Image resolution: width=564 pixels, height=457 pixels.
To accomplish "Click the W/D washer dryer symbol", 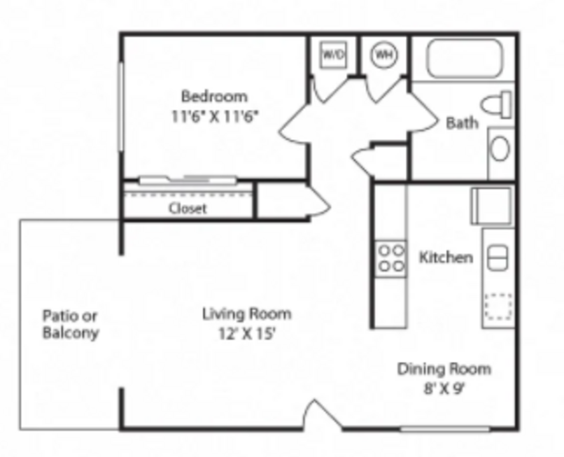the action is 334,55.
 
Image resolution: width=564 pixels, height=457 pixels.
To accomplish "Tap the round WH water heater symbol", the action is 384,55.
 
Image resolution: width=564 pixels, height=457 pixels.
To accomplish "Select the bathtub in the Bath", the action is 464,58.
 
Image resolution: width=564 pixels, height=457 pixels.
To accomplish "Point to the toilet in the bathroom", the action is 496,104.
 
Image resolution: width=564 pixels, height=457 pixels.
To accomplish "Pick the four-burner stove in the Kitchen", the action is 391,259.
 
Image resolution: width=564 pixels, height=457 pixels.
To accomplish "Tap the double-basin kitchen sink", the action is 498,258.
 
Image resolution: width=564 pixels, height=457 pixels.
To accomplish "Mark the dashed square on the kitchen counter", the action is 498,307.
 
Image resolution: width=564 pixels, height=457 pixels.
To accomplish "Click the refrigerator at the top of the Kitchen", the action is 492,206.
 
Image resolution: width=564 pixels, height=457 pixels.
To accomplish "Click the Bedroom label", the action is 214,97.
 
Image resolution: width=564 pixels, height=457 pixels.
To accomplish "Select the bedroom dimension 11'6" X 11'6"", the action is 214,117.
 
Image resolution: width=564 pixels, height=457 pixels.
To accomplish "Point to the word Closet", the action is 188,209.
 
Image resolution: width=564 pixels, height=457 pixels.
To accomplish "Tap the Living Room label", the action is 246,314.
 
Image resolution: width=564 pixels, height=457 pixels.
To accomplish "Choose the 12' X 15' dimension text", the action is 247,334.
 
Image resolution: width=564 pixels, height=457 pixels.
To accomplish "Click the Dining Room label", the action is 444,370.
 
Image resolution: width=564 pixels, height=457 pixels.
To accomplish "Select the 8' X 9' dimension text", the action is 445,388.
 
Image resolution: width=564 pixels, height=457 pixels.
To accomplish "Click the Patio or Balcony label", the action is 70,324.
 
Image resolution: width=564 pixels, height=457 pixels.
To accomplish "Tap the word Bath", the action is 462,123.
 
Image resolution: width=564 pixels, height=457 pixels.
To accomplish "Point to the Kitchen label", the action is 446,258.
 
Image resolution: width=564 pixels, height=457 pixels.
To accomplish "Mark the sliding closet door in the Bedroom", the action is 188,180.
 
